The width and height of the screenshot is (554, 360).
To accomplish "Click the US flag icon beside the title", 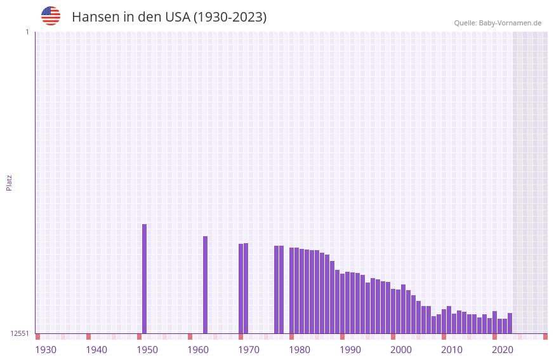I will click(51, 16).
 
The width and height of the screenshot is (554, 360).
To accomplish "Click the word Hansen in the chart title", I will click(93, 17).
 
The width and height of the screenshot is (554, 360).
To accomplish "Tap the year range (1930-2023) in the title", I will click(229, 17).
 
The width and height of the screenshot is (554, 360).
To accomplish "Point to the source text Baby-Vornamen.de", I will click(510, 23).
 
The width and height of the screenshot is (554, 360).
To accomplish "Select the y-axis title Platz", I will click(9, 182).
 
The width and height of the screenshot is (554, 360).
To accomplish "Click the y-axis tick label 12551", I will click(19, 333).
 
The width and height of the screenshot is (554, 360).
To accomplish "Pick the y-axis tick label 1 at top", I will click(27, 32).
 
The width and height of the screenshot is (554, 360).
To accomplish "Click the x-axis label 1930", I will click(46, 350).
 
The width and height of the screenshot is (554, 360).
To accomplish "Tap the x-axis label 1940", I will click(96, 350).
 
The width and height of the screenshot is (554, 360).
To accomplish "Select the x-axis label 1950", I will click(147, 350).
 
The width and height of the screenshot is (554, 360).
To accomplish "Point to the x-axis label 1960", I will click(198, 350).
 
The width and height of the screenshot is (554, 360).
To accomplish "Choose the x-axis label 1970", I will click(249, 350).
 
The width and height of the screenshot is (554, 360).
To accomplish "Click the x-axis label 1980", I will click(300, 350).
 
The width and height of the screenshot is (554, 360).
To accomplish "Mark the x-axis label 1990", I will click(350, 350).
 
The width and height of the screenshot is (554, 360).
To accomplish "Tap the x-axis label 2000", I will click(401, 350).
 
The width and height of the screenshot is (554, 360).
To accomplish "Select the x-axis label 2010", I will click(452, 350).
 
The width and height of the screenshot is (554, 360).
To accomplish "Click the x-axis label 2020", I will click(503, 350).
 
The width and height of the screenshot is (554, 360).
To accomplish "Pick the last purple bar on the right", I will click(510, 323).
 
